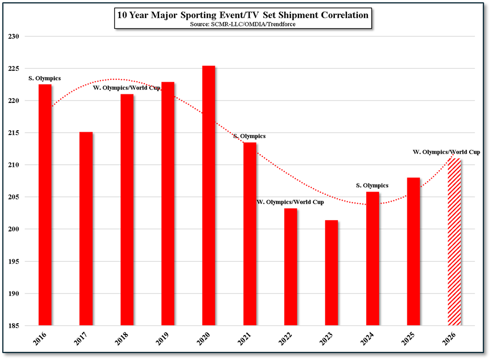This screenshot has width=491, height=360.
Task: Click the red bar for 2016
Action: (45, 205)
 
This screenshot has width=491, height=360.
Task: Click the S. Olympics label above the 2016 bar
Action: (44, 78)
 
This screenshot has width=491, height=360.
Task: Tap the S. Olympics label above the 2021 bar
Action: (249, 137)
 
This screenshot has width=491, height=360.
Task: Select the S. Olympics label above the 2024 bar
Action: (372, 186)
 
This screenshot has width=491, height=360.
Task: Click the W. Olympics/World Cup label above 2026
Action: (447, 152)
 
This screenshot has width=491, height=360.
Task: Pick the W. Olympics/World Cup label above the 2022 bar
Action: (290, 202)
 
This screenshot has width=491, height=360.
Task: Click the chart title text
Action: (243, 15)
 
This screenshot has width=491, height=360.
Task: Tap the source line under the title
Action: (243, 25)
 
